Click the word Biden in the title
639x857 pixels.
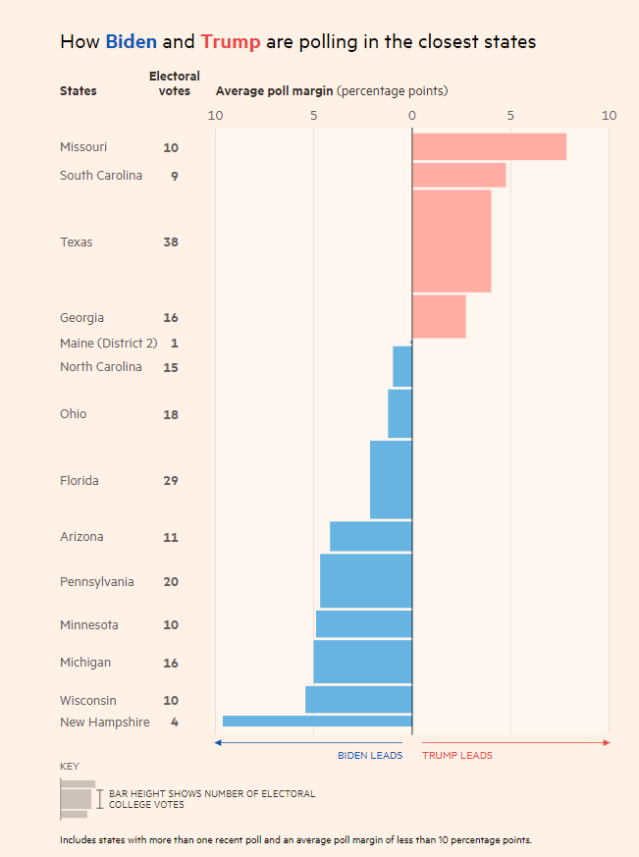[x=131, y=41]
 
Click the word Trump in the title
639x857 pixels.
[x=231, y=41]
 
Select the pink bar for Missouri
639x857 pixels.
[x=489, y=146]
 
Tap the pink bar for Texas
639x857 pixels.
[x=452, y=241]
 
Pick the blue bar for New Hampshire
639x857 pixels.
[x=317, y=721]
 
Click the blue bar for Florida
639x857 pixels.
[x=391, y=480]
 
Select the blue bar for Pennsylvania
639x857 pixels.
[x=366, y=581]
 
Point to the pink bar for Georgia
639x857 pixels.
[x=439, y=316]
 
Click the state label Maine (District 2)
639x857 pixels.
[x=108, y=344]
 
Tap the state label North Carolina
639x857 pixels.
[x=100, y=367]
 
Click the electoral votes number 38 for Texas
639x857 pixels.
[x=171, y=242]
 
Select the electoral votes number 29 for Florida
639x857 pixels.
[x=171, y=481]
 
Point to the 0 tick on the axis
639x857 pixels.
[x=412, y=116]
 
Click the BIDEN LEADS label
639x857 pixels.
[x=370, y=756]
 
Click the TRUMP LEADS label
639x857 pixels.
[x=457, y=756]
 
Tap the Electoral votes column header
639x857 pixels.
[x=174, y=83]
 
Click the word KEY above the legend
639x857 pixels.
[x=70, y=767]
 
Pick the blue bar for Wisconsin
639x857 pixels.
[x=358, y=699]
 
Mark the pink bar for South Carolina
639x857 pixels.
[x=458, y=175]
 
